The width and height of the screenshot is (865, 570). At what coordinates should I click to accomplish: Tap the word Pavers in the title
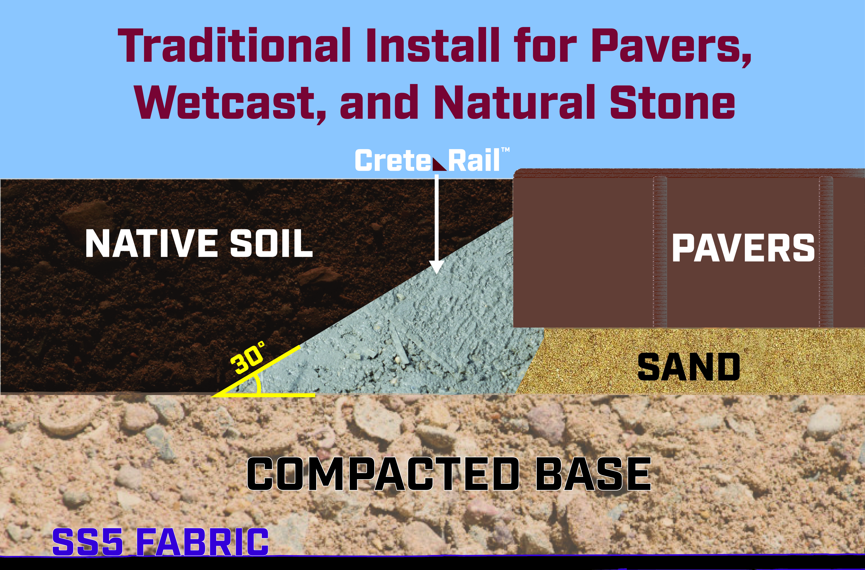pos(671,47)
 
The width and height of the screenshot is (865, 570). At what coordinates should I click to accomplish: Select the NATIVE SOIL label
pos(199,244)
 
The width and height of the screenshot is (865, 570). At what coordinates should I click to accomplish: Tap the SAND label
pos(689,367)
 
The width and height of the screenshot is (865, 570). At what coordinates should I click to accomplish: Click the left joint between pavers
pos(660,252)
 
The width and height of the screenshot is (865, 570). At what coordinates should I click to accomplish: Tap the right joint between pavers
pos(826,252)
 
